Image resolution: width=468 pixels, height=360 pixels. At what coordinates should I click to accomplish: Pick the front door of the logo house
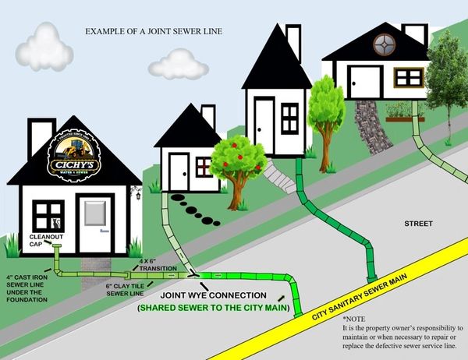(x=95, y=223)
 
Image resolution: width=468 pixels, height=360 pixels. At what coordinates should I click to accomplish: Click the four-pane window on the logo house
(x=48, y=215)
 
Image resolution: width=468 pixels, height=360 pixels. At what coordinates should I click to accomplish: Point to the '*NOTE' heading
(x=353, y=319)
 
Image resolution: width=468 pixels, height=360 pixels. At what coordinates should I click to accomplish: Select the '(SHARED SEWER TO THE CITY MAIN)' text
(x=213, y=309)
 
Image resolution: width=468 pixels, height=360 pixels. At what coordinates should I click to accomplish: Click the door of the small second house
(x=179, y=172)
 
